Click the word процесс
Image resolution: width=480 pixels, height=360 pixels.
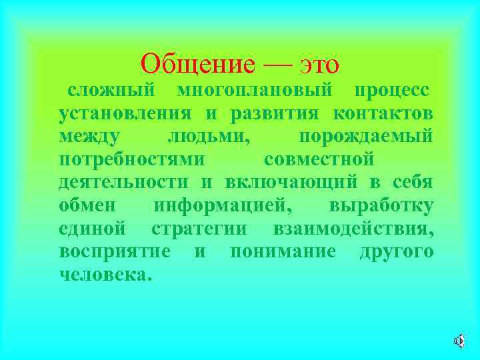tap(391, 90)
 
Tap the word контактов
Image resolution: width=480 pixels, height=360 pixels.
tap(383, 113)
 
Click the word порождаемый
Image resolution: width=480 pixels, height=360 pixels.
tap(366, 137)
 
